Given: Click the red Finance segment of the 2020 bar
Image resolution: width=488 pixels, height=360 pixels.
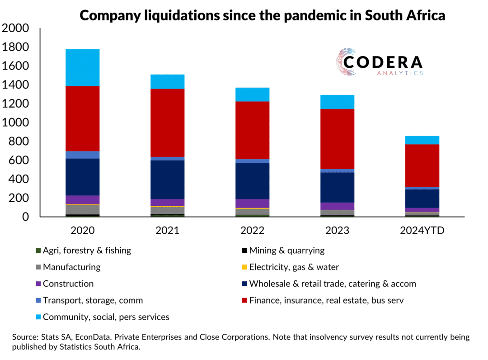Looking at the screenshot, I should (82, 118).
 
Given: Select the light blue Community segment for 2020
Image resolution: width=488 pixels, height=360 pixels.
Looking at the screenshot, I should (82, 67).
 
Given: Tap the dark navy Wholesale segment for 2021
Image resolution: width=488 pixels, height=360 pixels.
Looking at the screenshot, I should (167, 180).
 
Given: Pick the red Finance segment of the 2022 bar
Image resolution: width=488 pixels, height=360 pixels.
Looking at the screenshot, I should (252, 130).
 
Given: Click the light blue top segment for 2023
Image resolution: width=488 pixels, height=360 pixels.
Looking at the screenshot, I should (337, 102).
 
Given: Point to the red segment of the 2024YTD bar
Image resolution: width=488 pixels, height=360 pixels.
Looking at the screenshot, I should (422, 166).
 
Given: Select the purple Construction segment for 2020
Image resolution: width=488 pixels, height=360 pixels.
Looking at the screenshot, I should (82, 200).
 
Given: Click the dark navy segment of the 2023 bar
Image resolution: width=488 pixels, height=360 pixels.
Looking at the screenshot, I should (337, 187).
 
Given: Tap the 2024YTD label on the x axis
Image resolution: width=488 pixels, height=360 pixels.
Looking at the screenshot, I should (422, 231).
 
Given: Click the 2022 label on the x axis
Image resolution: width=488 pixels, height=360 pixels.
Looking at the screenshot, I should (252, 231).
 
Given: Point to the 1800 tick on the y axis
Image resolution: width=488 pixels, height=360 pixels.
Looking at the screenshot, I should (16, 47).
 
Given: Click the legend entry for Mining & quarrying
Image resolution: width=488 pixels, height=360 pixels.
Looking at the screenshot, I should (286, 251).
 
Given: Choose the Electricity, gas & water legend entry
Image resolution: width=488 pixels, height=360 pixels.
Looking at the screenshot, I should (293, 267).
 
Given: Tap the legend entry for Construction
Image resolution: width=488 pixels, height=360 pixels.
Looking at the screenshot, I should (68, 284).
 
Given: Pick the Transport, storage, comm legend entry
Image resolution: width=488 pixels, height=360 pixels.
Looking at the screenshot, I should (93, 300).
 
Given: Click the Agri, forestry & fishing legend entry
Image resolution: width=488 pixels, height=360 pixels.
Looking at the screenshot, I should (87, 251).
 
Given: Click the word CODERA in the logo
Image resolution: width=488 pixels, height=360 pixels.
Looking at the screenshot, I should (382, 62).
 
